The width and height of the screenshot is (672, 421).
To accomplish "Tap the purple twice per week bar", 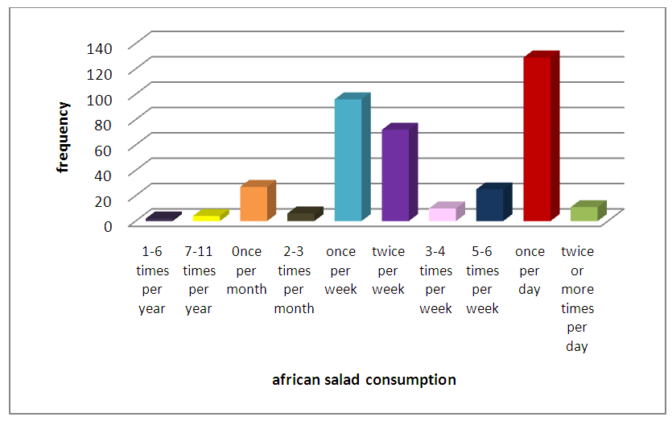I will [x=395, y=175].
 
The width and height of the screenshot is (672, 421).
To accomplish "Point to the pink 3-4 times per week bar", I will [x=443, y=214].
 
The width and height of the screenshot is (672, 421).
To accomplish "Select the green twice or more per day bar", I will [x=584, y=213].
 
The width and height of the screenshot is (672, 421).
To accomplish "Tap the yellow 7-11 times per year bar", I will [x=207, y=217].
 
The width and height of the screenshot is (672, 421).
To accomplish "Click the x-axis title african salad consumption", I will [x=364, y=379].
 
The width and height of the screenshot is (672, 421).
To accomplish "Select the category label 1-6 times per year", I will [x=151, y=279].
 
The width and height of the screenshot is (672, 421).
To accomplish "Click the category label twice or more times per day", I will [x=577, y=299].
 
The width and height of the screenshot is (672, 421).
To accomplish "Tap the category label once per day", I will [x=530, y=270].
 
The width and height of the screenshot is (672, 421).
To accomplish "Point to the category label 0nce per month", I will [x=247, y=270].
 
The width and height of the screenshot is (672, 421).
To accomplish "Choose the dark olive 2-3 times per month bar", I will [x=301, y=216].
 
